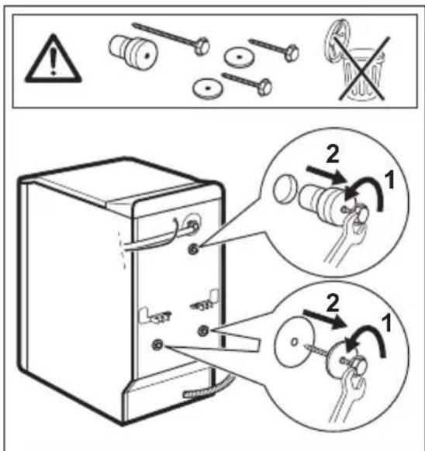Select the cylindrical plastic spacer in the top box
pos(133,51)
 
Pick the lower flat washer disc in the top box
pos(208,88)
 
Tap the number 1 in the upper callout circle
pos(389,180)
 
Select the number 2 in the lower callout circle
pos(333,304)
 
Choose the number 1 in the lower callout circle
pos(386,322)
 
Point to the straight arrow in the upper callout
pos(327,174)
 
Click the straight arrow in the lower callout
pos(326,318)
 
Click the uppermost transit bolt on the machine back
pos(193,248)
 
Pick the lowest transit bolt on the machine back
pos(157,344)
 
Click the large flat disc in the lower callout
pos(294,342)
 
